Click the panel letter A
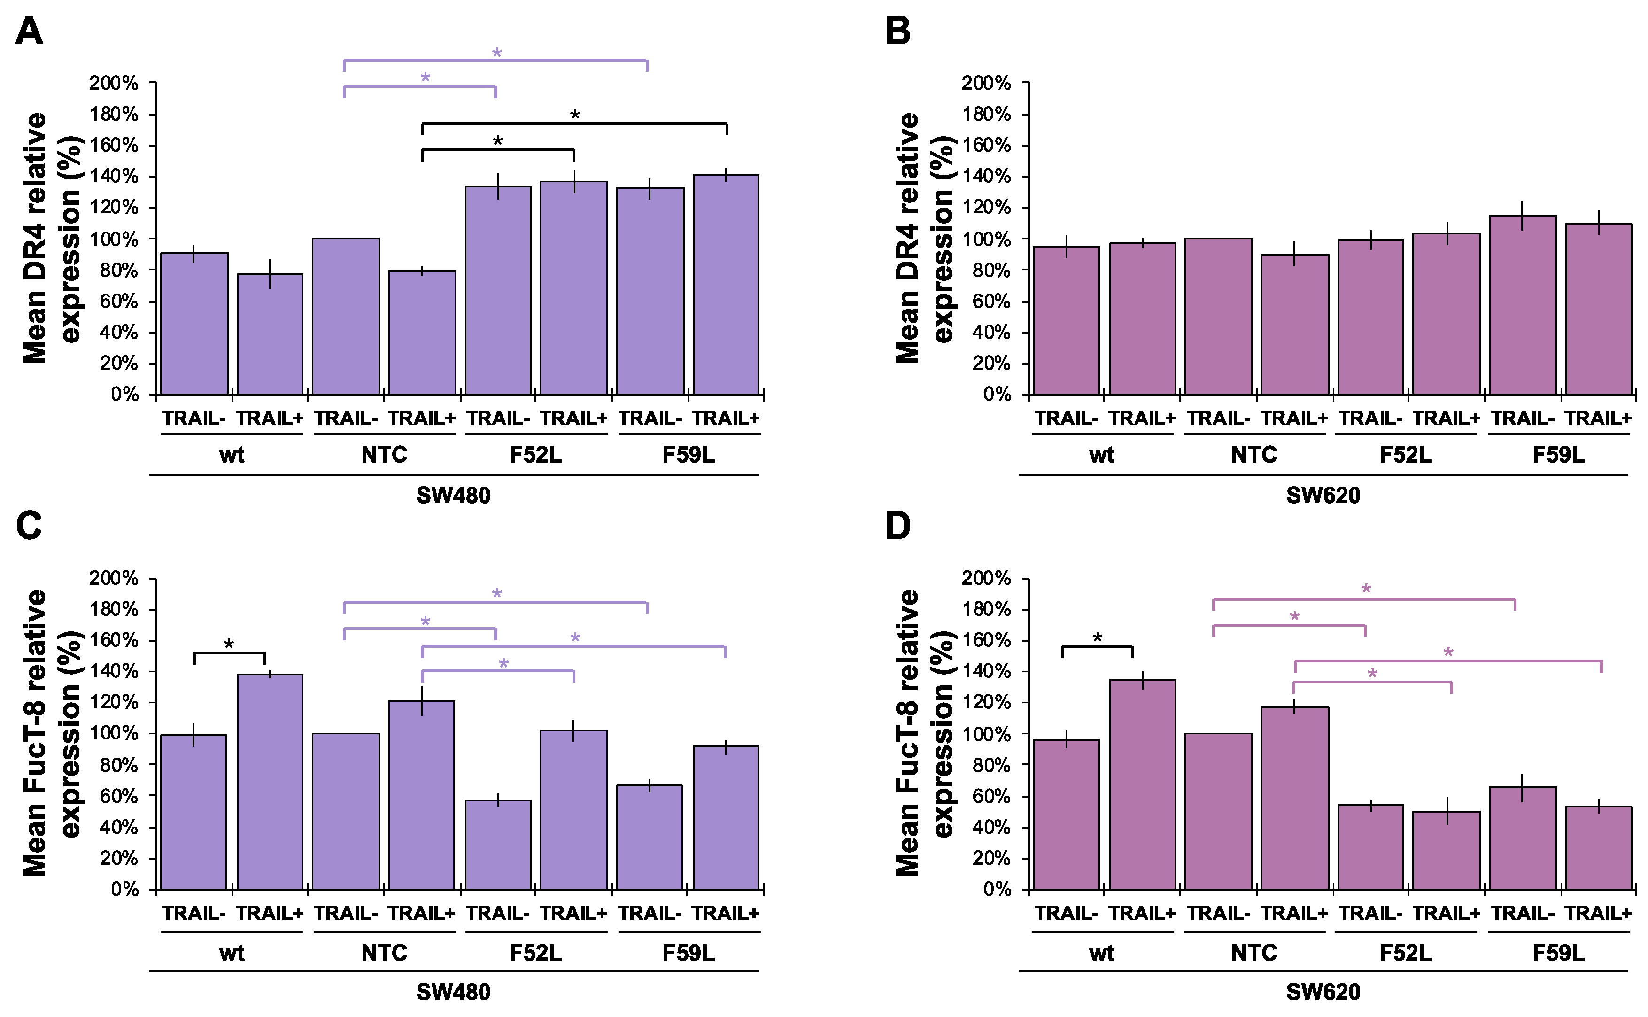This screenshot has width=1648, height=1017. pyautogui.click(x=29, y=31)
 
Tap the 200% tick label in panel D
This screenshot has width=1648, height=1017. pyautogui.click(x=986, y=578)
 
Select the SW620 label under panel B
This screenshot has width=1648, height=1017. pyautogui.click(x=1323, y=496)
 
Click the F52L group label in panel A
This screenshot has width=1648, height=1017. pyautogui.click(x=535, y=455)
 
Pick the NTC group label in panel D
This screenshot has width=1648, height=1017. pyautogui.click(x=1253, y=953)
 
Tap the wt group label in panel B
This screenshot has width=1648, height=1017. pyautogui.click(x=1101, y=455)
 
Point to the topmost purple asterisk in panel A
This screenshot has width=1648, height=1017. pyautogui.click(x=496, y=53)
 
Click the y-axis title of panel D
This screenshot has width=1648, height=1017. pyautogui.click(x=925, y=733)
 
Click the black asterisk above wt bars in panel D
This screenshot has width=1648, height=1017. pyautogui.click(x=1097, y=637)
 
